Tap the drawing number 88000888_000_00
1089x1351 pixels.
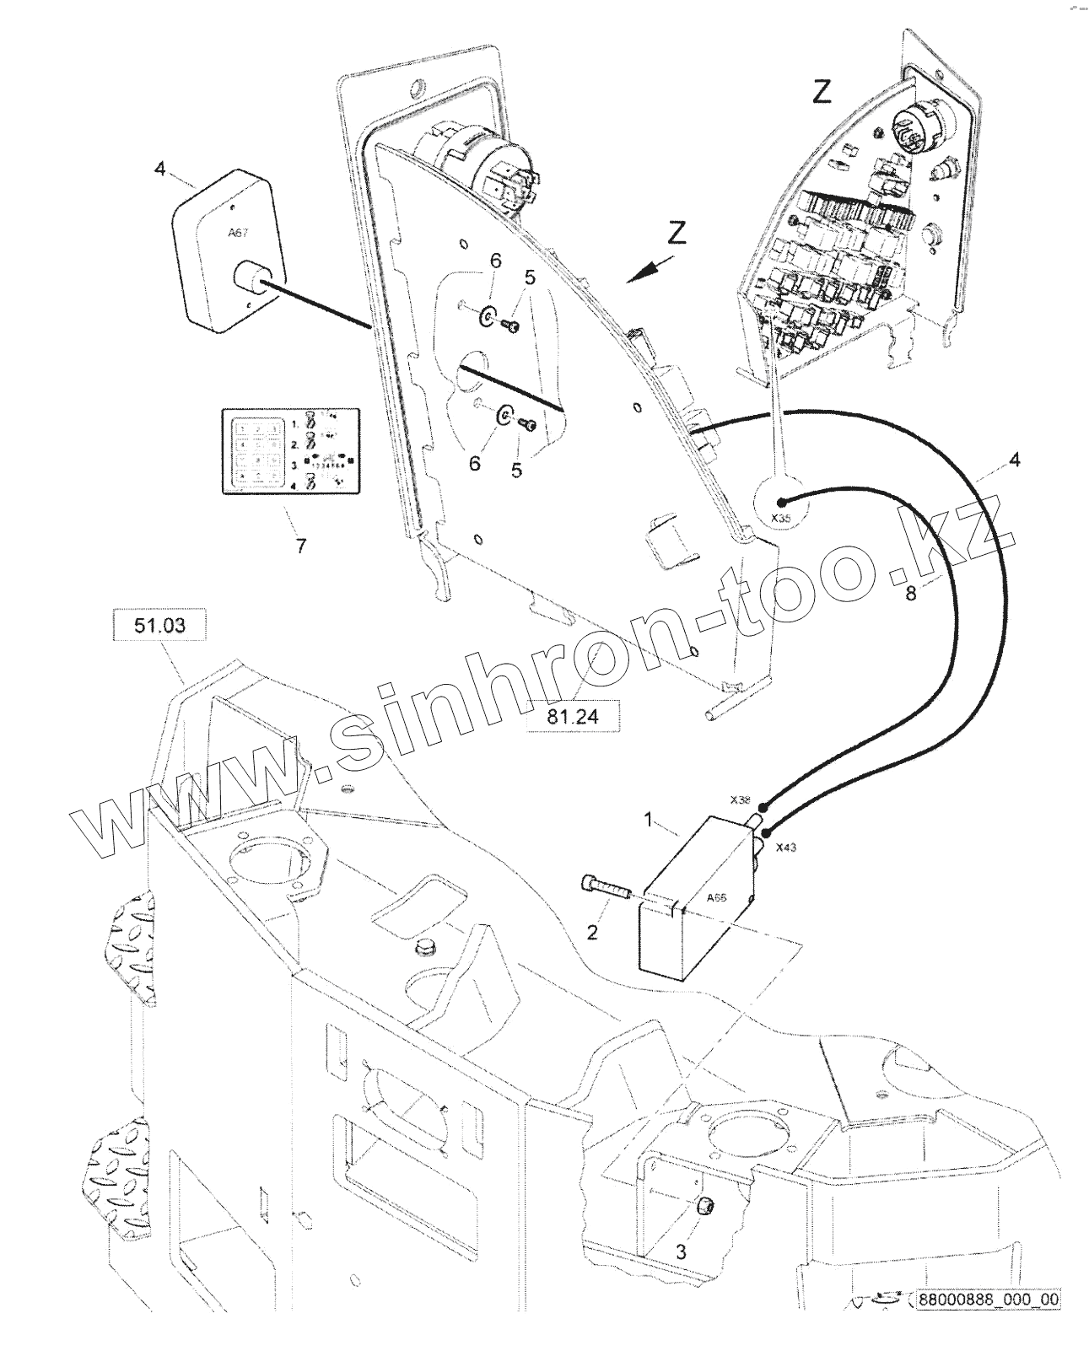[989, 1322]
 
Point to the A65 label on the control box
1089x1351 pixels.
[716, 897]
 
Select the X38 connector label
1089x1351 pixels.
[741, 799]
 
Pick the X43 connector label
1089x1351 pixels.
[785, 847]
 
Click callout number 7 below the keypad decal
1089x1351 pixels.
[300, 546]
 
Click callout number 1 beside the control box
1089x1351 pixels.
[650, 819]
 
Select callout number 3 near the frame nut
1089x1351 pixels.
[682, 1252]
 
